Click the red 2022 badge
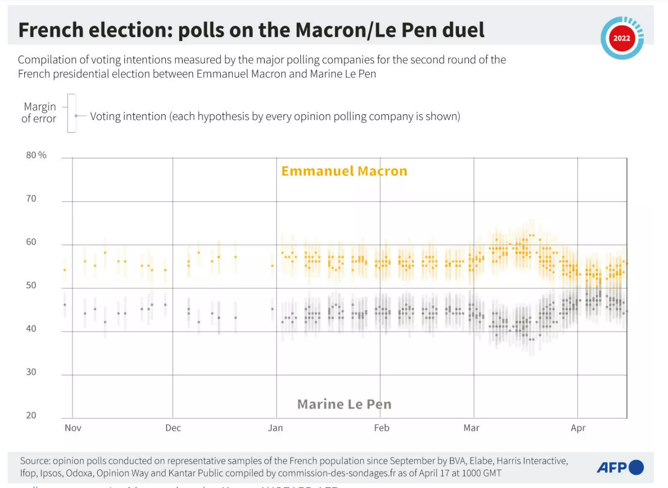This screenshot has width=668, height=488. (x=621, y=38)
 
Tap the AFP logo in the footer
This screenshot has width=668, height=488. (x=620, y=467)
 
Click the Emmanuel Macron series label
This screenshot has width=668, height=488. (x=344, y=171)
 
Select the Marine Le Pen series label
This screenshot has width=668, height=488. (x=344, y=404)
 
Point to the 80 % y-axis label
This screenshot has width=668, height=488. (x=36, y=155)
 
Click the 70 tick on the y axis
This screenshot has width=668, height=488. (x=31, y=198)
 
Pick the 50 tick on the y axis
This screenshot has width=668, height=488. (x=31, y=285)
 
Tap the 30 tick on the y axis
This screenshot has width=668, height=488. (x=31, y=372)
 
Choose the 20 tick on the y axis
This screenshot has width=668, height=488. (x=31, y=415)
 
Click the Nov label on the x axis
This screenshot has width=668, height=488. (x=73, y=427)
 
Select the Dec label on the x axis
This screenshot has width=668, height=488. (x=173, y=427)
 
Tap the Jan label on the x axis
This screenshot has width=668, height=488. (x=275, y=427)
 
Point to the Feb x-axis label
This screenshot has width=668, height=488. (x=382, y=427)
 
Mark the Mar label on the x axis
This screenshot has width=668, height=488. (x=471, y=427)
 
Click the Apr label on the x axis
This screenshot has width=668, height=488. (x=578, y=427)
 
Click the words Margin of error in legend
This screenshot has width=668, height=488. (x=39, y=113)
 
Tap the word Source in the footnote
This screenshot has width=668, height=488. (x=35, y=461)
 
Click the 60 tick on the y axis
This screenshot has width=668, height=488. (x=31, y=242)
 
